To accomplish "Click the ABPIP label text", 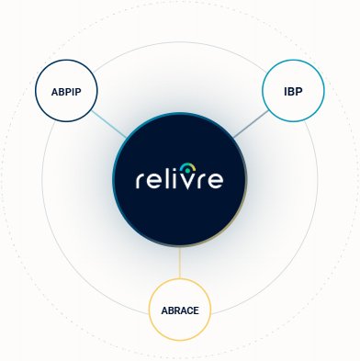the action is (x=66, y=92).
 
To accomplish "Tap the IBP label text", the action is (x=293, y=92).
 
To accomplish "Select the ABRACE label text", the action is (x=180, y=310).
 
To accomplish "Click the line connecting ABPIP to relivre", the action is (x=109, y=124).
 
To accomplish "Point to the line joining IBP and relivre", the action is (x=251, y=124).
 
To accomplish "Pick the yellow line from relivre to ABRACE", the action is (x=180, y=263).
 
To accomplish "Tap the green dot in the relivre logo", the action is (x=187, y=170).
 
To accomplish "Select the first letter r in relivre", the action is (x=140, y=181).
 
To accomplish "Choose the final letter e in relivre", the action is (x=215, y=181).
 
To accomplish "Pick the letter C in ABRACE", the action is (x=190, y=310).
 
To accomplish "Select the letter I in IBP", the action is (x=286, y=92).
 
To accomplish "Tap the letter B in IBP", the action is (x=291, y=92).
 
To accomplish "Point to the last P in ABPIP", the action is (x=78, y=92).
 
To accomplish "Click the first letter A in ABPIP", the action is (x=54, y=92).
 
